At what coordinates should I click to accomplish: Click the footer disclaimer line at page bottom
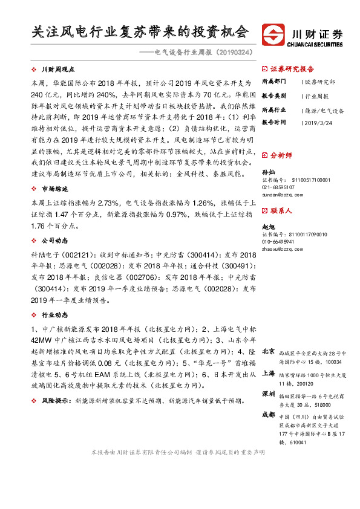(177, 452)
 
